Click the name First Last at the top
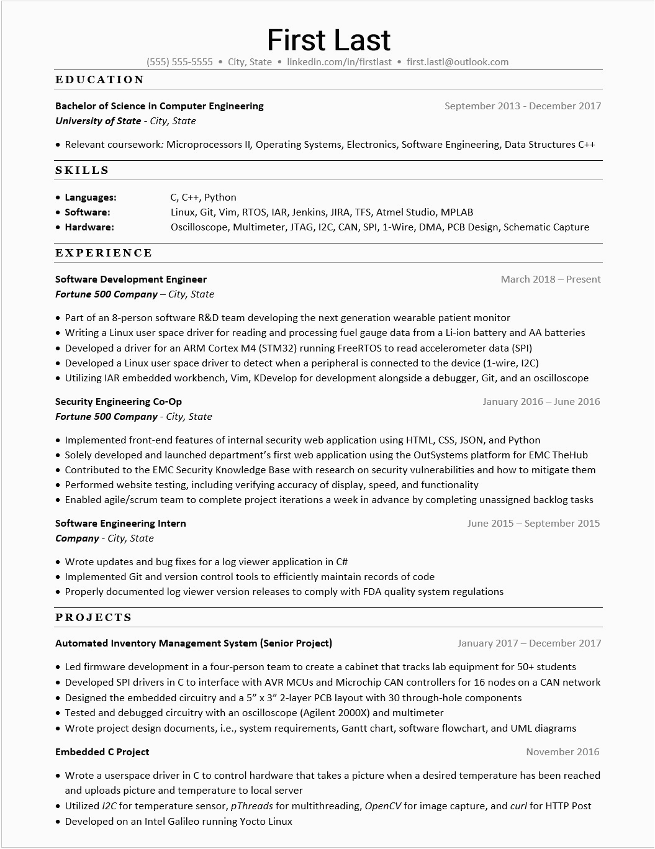[x=328, y=40]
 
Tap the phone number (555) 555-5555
[x=179, y=62]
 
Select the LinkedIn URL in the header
[x=339, y=62]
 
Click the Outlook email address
[x=458, y=62]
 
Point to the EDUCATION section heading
[x=100, y=79]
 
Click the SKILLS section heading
[x=82, y=170]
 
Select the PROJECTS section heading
[x=94, y=617]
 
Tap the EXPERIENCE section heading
[x=104, y=253]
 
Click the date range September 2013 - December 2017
[x=523, y=106]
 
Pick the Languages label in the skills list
[x=91, y=197]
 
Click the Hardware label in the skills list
[x=89, y=227]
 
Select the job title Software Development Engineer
[x=131, y=279]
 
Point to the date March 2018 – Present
[x=551, y=279]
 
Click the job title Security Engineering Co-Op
[x=119, y=402]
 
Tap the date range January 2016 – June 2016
[x=541, y=402]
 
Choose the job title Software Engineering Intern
[x=120, y=524]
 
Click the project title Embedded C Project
[x=102, y=752]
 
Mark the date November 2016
[x=562, y=752]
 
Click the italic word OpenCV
[x=382, y=806]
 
